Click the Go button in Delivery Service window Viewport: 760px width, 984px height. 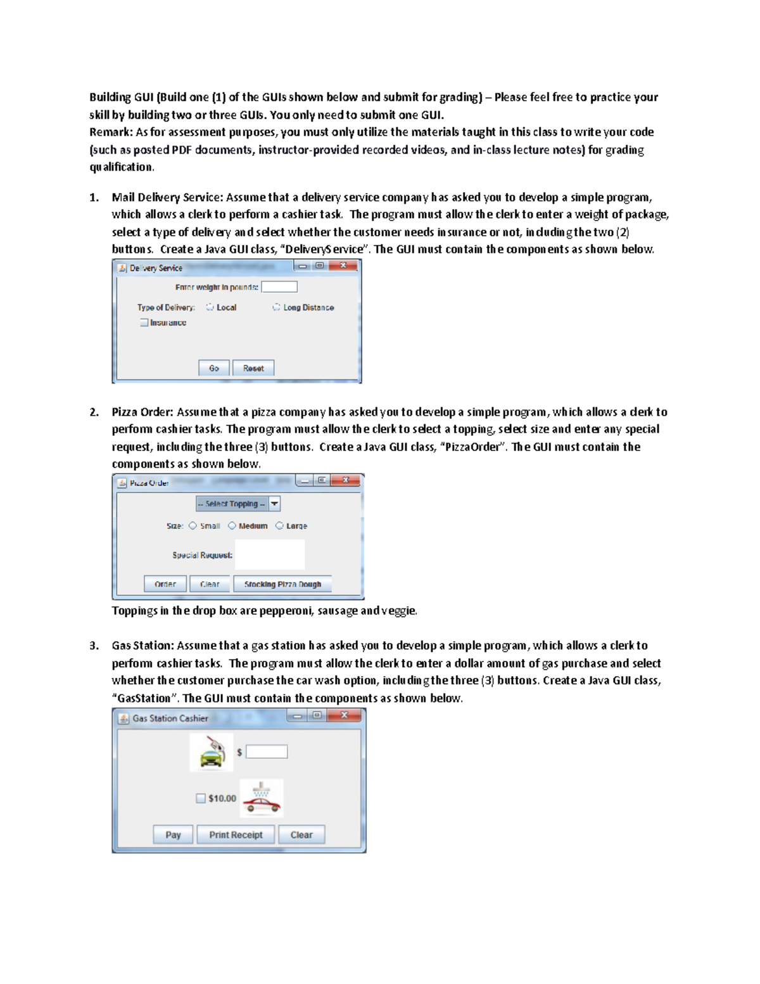(213, 368)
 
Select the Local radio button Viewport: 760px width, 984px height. (210, 307)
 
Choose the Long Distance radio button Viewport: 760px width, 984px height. (276, 307)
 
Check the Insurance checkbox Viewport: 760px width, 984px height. (144, 323)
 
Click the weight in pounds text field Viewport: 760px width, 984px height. (279, 287)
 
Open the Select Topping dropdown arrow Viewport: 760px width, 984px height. (274, 504)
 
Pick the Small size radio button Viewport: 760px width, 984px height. (193, 526)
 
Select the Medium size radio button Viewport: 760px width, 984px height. (232, 526)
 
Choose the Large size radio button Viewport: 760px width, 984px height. (279, 526)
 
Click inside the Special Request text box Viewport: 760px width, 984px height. (270, 554)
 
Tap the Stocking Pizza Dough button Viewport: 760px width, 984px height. (282, 584)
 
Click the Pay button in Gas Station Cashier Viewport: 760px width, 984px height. (173, 834)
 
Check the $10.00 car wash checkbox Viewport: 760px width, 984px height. (201, 798)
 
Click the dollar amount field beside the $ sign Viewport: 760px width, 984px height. (267, 752)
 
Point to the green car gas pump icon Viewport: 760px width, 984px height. (212, 752)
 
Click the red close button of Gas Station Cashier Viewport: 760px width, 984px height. (345, 715)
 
